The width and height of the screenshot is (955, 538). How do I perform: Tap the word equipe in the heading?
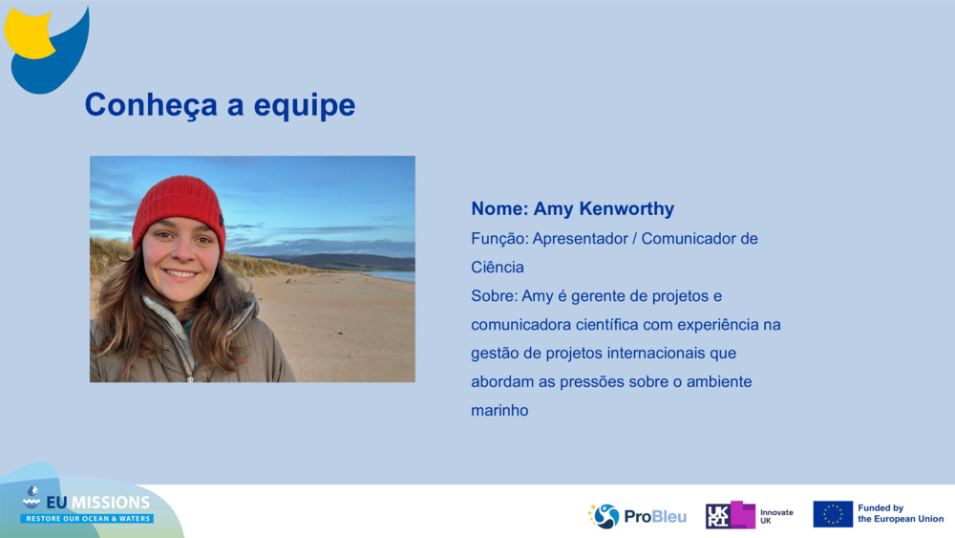click(305, 106)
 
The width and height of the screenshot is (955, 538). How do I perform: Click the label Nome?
click(499, 209)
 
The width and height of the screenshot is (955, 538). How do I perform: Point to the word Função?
click(499, 238)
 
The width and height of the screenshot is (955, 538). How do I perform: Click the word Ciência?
click(498, 267)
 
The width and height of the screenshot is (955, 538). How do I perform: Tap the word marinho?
click(499, 410)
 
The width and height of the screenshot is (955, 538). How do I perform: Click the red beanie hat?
click(178, 207)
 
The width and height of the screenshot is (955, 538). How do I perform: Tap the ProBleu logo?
click(637, 516)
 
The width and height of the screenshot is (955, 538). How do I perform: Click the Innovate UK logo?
click(750, 516)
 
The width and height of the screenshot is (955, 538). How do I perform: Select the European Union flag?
click(833, 514)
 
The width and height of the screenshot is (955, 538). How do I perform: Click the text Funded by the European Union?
click(900, 514)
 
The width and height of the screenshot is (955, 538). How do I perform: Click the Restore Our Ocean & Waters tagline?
click(87, 518)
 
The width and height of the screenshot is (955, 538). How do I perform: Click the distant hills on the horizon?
click(344, 260)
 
